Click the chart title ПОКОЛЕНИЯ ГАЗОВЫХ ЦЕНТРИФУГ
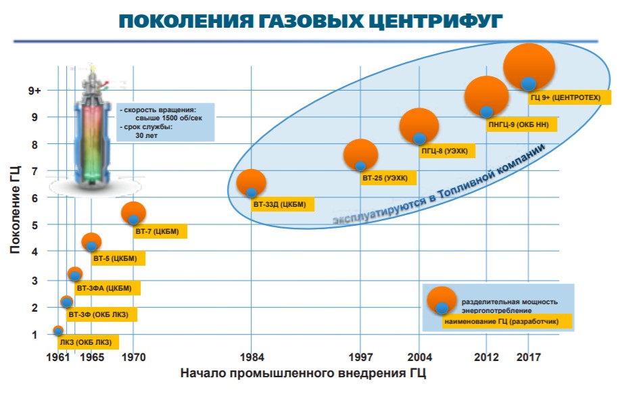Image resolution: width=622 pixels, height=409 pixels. pyautogui.click(x=310, y=22)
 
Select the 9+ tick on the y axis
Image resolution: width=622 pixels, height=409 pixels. pyautogui.click(x=34, y=90)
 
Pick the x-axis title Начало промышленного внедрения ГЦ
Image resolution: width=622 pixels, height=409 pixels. pyautogui.click(x=303, y=373)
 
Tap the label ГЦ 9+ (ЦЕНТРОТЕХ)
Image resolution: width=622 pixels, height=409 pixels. pyautogui.click(x=570, y=99)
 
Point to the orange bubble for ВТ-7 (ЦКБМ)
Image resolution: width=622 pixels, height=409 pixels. pyautogui.click(x=133, y=212)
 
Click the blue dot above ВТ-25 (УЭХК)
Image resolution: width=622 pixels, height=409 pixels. pyautogui.click(x=360, y=166)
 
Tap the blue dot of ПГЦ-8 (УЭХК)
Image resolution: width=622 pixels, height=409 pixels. pyautogui.click(x=419, y=139)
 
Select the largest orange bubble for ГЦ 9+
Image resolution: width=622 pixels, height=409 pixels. pyautogui.click(x=529, y=66)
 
